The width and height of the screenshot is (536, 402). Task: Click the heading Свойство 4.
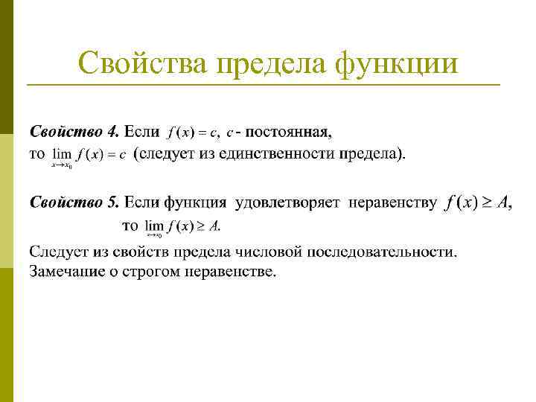(74, 133)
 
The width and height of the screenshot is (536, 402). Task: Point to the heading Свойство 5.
(74, 202)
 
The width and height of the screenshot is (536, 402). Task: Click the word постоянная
(289, 133)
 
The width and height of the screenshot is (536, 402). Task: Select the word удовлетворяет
(287, 202)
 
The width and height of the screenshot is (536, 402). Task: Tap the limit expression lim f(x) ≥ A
(182, 226)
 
